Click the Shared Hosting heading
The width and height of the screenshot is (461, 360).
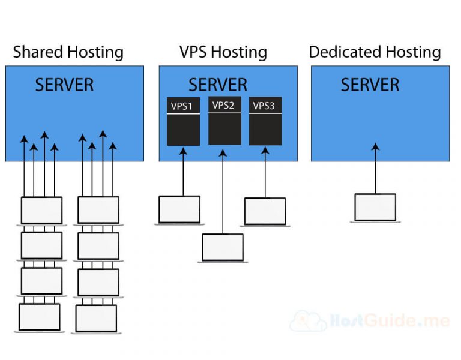pyautogui.click(x=68, y=52)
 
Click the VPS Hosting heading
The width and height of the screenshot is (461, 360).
pyautogui.click(x=223, y=52)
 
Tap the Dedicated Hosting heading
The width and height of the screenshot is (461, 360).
pyautogui.click(x=375, y=52)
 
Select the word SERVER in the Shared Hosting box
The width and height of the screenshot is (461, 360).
pyautogui.click(x=64, y=85)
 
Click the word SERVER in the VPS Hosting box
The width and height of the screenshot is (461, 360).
pyautogui.click(x=217, y=85)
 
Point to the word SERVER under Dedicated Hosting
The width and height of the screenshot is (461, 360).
pyautogui.click(x=370, y=85)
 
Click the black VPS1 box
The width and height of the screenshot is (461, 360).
pyautogui.click(x=183, y=123)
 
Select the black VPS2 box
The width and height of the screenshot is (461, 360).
pyautogui.click(x=224, y=121)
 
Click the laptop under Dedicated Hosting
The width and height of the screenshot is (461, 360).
pyautogui.click(x=375, y=208)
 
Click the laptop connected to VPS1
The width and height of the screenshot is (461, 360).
pyautogui.click(x=179, y=210)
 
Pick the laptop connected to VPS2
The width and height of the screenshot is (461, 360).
pyautogui.click(x=223, y=248)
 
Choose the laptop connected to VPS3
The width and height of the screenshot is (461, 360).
pyautogui.click(x=265, y=212)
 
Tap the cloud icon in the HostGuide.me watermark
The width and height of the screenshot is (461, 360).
pyautogui.click(x=308, y=321)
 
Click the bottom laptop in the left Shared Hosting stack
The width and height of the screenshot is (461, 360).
pyautogui.click(x=40, y=317)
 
